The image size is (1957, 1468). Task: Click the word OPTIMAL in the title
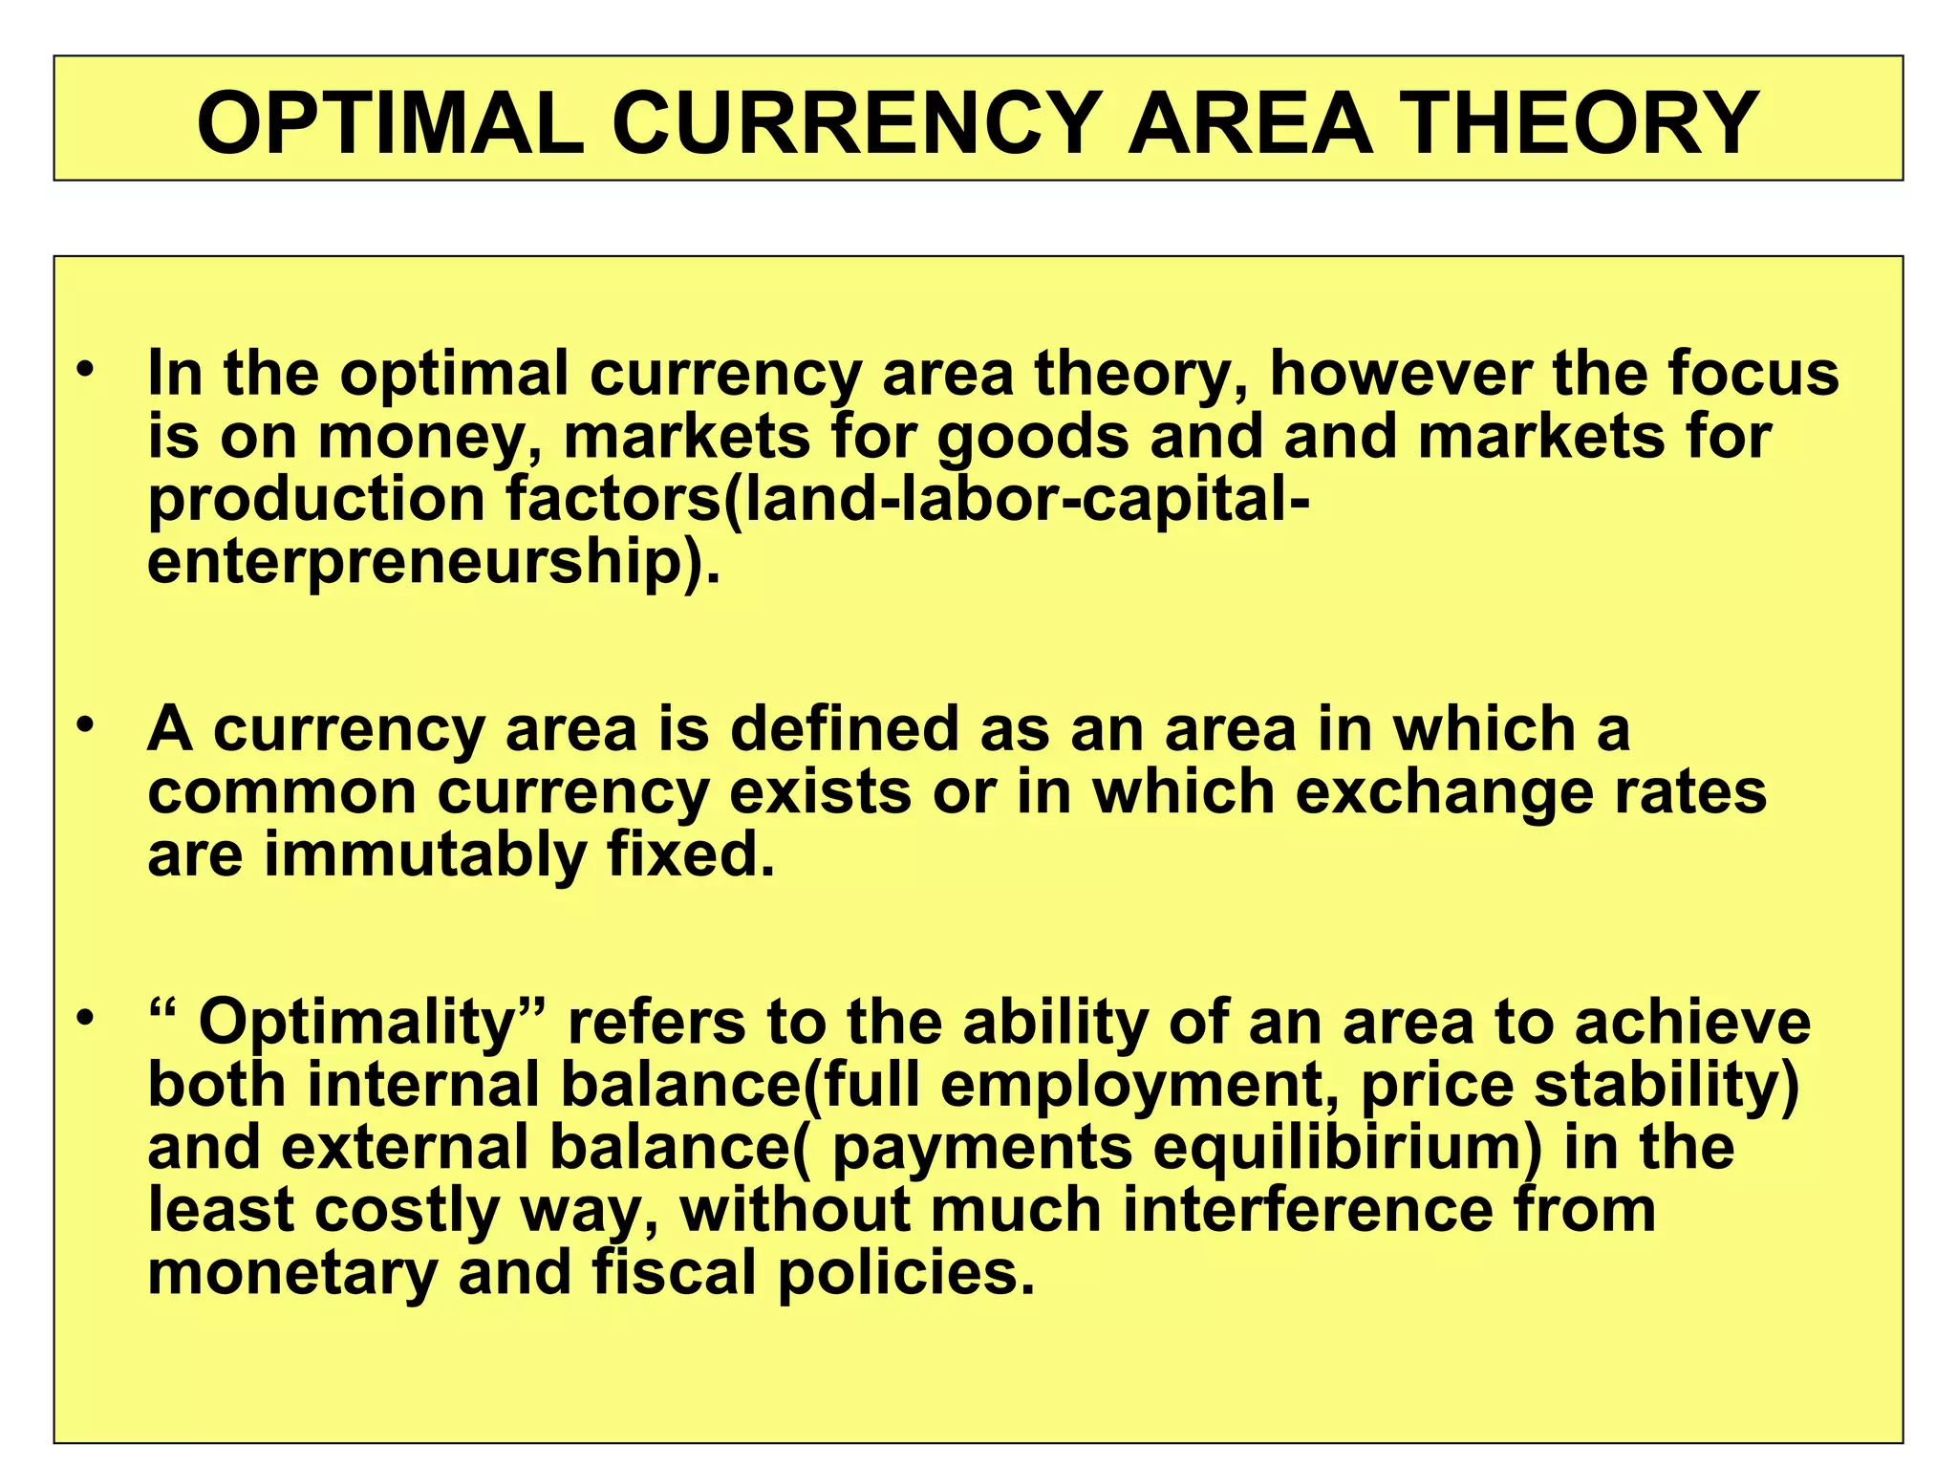point(390,123)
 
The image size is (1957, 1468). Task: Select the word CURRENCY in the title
point(856,123)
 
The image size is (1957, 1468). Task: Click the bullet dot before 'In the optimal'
point(87,369)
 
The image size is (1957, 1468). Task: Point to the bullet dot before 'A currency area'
point(87,725)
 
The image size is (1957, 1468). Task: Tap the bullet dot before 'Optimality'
point(87,1019)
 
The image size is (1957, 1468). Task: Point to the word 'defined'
point(844,729)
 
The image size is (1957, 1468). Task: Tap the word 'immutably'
point(425,855)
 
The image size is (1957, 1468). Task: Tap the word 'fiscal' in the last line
point(675,1273)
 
